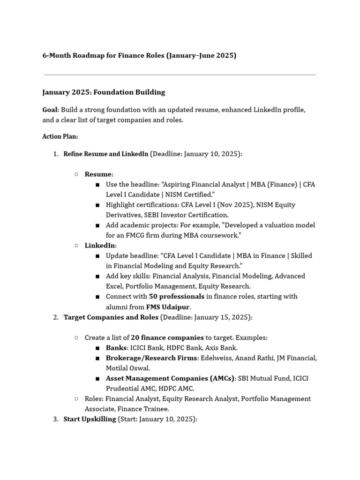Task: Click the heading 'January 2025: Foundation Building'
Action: [104, 92]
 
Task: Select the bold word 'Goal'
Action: [50, 110]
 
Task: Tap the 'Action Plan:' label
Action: [60, 137]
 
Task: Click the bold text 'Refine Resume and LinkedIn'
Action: [105, 154]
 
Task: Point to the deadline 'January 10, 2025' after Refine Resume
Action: [212, 154]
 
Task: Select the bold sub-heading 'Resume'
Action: [98, 174]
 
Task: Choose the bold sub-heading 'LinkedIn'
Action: [100, 246]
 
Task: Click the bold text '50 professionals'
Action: [176, 297]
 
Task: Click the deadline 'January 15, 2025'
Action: [222, 317]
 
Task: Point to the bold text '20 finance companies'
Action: [167, 337]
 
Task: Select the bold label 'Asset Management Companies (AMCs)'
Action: [170, 378]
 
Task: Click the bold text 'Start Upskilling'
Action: [90, 419]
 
